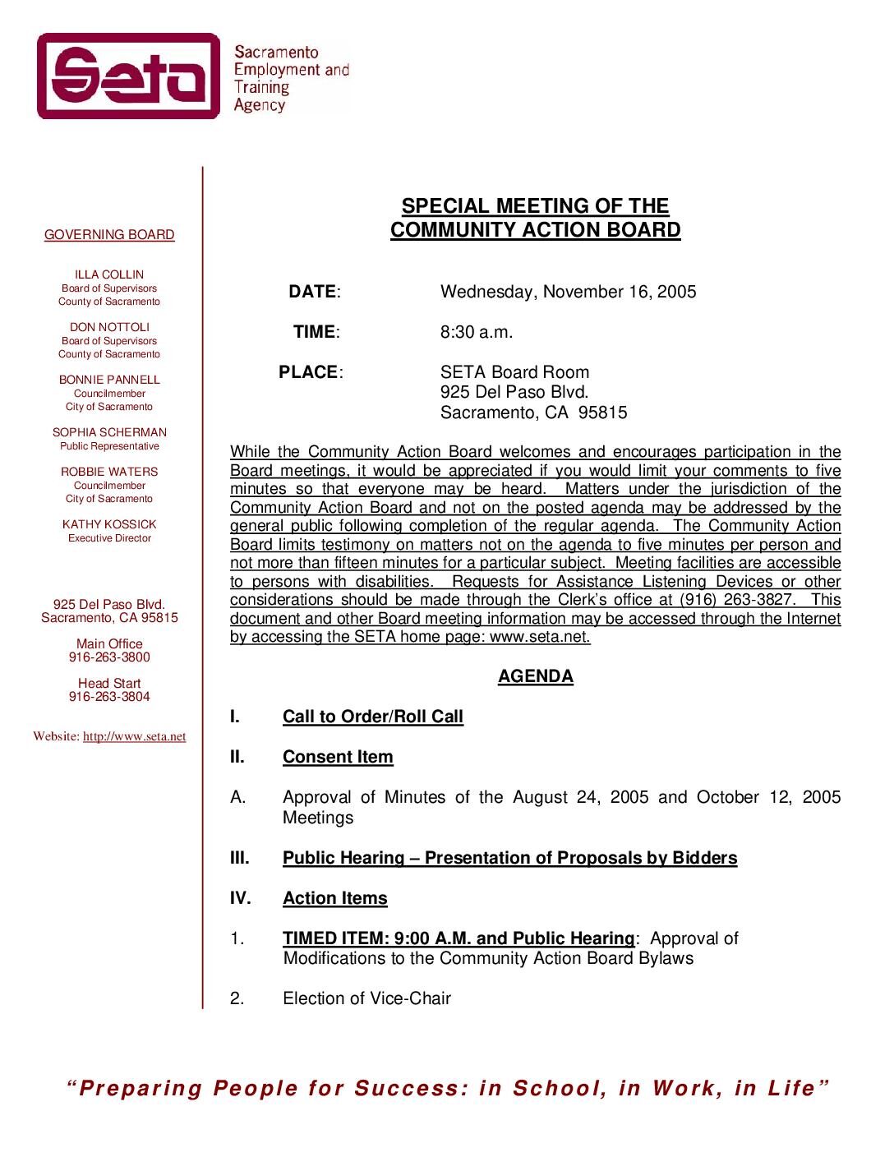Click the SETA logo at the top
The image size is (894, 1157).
point(129,76)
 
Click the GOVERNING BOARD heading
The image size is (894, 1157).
point(109,235)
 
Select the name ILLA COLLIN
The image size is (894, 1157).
point(109,274)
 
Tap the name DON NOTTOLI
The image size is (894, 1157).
point(109,327)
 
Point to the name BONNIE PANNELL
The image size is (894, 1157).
point(109,380)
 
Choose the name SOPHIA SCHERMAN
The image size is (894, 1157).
point(109,432)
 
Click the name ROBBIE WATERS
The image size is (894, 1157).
point(109,472)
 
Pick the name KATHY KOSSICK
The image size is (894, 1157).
point(109,524)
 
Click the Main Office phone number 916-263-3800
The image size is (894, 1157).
point(109,657)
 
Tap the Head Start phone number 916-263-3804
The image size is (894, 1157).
point(109,697)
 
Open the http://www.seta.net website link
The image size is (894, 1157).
point(134,736)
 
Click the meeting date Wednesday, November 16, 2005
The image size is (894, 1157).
point(568,292)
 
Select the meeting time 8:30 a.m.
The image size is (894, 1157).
point(476,332)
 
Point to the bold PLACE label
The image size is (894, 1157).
point(308,372)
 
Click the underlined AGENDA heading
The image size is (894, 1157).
point(535,676)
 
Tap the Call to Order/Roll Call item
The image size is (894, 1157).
point(372,717)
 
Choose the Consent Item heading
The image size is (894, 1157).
point(338,757)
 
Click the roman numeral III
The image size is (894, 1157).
point(239,858)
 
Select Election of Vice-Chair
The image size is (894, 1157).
point(366,998)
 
